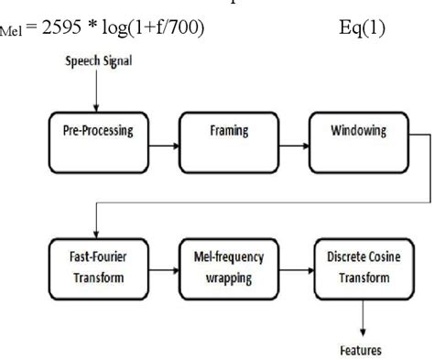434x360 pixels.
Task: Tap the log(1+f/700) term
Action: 153,30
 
